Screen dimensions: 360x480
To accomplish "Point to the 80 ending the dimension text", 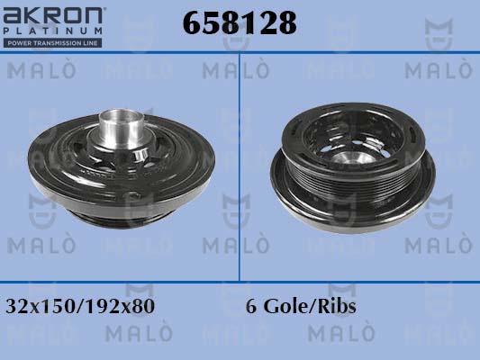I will point(145,306).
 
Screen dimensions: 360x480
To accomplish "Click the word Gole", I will point(283,306).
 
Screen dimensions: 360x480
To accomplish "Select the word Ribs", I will point(336,306).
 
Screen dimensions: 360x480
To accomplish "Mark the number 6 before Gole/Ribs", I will point(250,306).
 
